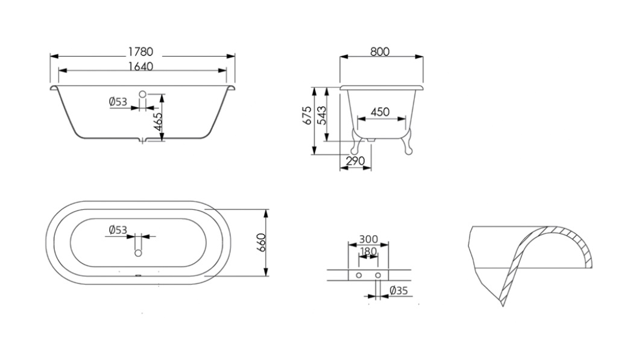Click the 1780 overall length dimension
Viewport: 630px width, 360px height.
pos(140,51)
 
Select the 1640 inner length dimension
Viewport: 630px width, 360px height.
pos(140,66)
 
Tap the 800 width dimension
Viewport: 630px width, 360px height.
pos(380,51)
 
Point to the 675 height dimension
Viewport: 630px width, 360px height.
pos(307,115)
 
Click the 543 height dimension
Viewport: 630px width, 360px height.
pos(322,115)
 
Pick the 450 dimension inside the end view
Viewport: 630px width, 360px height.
pos(380,112)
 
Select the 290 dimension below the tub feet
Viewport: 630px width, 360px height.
pos(355,161)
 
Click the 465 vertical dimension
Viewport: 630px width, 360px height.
pos(158,122)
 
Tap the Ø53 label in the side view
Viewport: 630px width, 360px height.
pos(118,102)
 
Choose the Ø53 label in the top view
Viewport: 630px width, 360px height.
pos(118,230)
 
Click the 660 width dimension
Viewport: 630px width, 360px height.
pos(261,242)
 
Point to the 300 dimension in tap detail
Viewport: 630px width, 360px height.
pos(368,239)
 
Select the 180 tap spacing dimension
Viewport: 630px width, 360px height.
pos(368,251)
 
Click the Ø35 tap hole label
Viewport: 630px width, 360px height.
pos(398,290)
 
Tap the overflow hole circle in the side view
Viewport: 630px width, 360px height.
pos(143,94)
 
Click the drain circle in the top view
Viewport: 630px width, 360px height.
pos(138,253)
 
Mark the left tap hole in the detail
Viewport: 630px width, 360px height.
pos(358,275)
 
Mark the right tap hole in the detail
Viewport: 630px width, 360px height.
pos(378,275)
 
